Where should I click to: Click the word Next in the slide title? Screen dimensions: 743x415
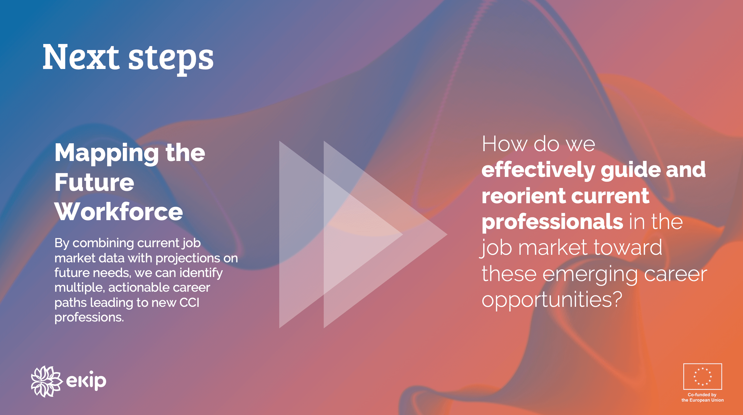(81, 57)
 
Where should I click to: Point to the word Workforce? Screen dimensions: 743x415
(119, 212)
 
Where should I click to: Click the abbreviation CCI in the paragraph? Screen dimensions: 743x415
(189, 303)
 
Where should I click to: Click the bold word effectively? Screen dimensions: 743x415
(539, 170)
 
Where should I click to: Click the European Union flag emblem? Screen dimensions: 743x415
(702, 376)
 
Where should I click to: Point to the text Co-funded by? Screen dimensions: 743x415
(702, 395)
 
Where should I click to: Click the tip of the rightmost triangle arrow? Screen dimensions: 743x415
(447, 235)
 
